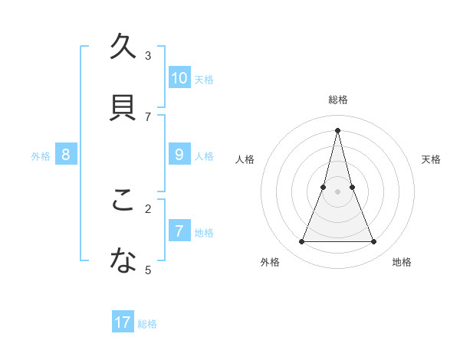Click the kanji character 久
point(123,49)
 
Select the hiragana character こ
point(123,201)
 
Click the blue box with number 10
point(179,77)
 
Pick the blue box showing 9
point(179,154)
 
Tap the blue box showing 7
point(179,231)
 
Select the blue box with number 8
point(66,154)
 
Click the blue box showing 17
point(123,322)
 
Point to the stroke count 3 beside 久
point(148,55)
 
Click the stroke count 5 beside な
point(148,270)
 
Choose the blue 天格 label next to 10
point(204,79)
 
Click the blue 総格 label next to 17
point(147,324)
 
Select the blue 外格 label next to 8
point(41,155)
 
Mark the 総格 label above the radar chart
point(338,100)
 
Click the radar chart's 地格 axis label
point(402,262)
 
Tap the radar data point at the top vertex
point(338,130)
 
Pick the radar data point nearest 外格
point(301,242)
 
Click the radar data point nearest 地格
point(374,242)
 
